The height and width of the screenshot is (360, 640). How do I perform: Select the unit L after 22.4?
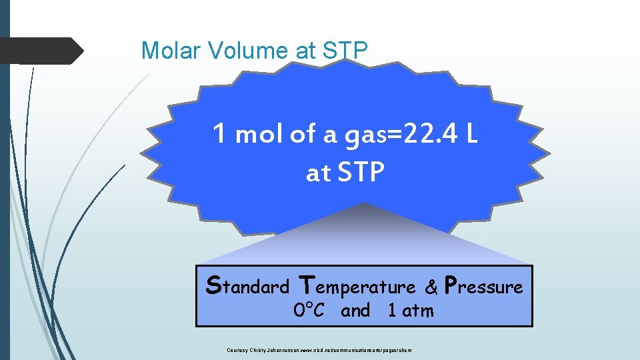coord(471,135)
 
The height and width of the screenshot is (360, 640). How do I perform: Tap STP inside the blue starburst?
coord(361,173)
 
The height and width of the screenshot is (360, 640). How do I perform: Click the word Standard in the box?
coord(248,287)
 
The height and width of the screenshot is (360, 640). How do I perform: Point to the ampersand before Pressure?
coord(432,287)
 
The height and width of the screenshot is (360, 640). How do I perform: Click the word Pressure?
coord(483,287)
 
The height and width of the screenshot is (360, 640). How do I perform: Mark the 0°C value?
coord(309,311)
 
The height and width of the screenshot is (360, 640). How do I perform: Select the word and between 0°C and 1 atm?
coord(355,311)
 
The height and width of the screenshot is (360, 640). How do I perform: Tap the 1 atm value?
coord(411,311)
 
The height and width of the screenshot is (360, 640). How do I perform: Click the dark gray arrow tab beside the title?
coord(40,51)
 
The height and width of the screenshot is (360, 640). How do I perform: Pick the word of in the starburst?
coord(301,135)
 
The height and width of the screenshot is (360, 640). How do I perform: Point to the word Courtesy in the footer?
coord(237,350)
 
